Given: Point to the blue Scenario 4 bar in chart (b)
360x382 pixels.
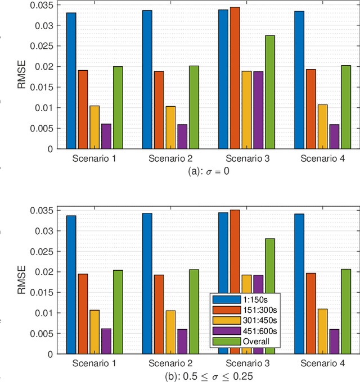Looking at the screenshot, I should pos(299,284).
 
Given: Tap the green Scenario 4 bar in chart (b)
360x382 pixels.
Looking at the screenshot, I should pos(345,311).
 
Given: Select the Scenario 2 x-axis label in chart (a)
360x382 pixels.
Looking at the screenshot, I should pos(170,158).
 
